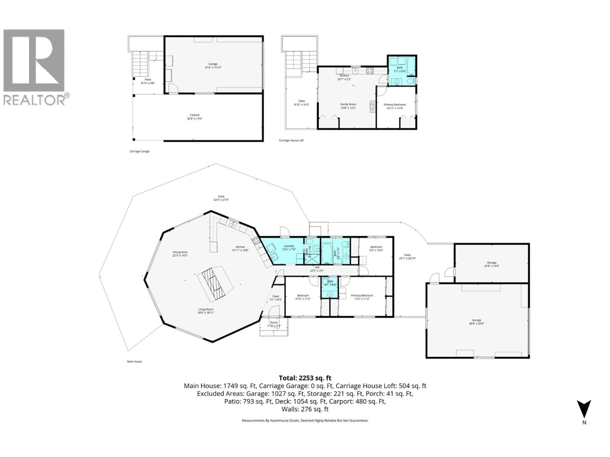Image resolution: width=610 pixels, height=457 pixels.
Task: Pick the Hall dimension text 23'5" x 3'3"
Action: [x=317, y=271]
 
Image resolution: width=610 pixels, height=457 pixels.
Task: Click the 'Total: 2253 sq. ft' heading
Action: [x=305, y=378]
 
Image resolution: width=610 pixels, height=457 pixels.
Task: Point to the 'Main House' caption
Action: [x=134, y=361]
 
